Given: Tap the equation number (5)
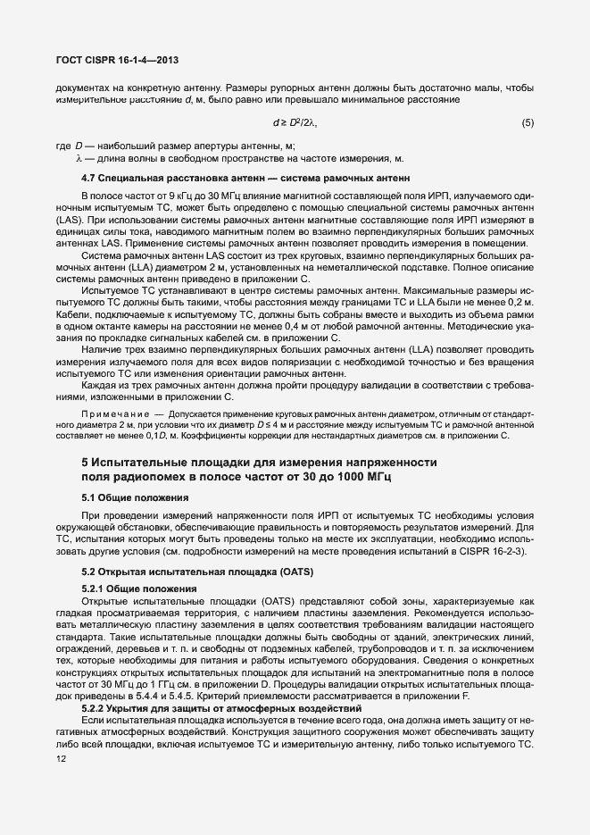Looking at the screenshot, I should point(528,121).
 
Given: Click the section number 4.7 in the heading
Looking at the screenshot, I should point(87,178).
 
